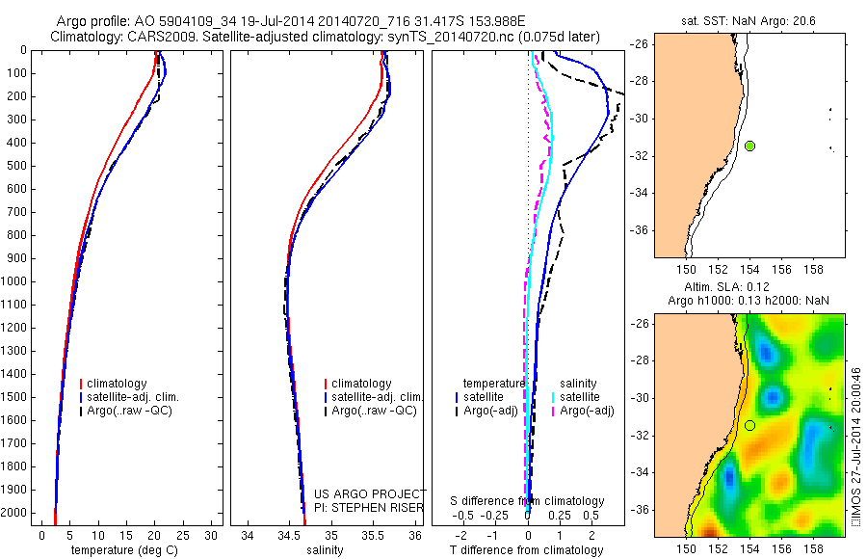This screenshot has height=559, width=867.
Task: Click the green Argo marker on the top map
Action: tap(749, 146)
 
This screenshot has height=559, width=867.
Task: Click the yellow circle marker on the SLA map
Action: tap(749, 425)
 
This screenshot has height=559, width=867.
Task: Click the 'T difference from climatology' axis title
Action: tap(527, 550)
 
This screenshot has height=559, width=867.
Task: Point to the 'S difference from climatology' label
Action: tap(528, 501)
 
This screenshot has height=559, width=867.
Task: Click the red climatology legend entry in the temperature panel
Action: tap(117, 384)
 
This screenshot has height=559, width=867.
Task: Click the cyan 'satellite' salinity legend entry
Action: tap(580, 397)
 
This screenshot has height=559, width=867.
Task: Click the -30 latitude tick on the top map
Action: tap(642, 119)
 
